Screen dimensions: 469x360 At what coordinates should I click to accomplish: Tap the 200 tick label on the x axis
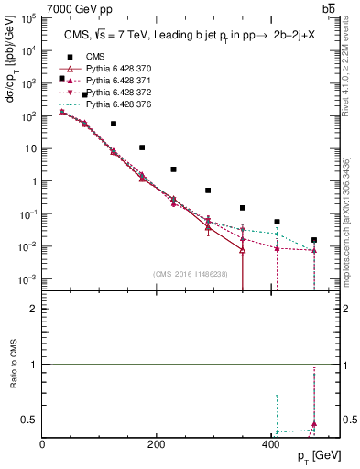(157, 444)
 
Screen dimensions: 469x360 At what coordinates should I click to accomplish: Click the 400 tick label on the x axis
(270, 444)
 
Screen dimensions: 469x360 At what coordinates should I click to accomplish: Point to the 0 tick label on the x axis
(43, 444)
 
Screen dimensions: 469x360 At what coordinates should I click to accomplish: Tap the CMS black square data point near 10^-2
(314, 240)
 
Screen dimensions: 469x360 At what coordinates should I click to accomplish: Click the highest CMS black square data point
(61, 79)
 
